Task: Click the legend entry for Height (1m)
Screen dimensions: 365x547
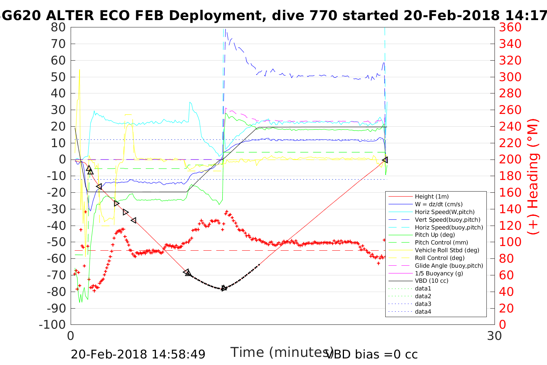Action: pyautogui.click(x=432, y=197)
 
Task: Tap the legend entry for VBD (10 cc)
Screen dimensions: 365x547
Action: pyautogui.click(x=432, y=281)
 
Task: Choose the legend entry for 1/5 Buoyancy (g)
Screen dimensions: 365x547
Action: pyautogui.click(x=439, y=273)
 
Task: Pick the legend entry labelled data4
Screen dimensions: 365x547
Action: pyautogui.click(x=423, y=311)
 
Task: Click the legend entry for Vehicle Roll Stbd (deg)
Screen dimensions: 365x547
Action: pyautogui.click(x=447, y=250)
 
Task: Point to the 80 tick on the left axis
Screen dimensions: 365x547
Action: pyautogui.click(x=58, y=27)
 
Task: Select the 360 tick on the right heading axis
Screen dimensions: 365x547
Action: pyautogui.click(x=510, y=27)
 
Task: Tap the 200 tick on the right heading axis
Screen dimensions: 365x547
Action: pyautogui.click(x=510, y=160)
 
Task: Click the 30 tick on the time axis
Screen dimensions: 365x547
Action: pyautogui.click(x=495, y=336)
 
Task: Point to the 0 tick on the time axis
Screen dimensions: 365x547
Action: pyautogui.click(x=71, y=336)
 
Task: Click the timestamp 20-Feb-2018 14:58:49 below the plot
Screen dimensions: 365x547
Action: pyautogui.click(x=138, y=354)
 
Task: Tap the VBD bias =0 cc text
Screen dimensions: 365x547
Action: pyautogui.click(x=372, y=354)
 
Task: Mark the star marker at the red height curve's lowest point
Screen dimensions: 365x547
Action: pyautogui.click(x=224, y=288)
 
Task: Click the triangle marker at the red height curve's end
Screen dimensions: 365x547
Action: pyautogui.click(x=385, y=160)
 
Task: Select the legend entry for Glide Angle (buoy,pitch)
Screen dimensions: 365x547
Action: pyautogui.click(x=449, y=265)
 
